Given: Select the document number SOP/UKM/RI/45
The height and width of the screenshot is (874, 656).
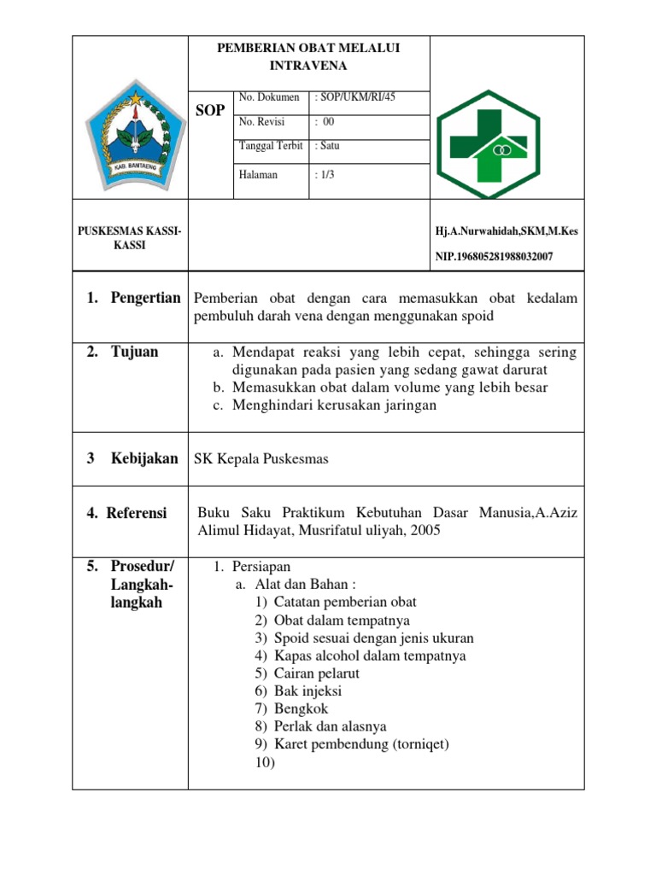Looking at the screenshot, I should (x=355, y=98).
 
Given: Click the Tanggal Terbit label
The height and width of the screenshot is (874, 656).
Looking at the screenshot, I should (x=271, y=146).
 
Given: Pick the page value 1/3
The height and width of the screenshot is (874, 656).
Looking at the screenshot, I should (x=325, y=175).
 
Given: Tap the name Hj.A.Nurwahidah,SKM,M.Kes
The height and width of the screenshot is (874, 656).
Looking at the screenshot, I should (x=506, y=231).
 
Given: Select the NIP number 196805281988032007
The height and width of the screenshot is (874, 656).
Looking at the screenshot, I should (x=494, y=256).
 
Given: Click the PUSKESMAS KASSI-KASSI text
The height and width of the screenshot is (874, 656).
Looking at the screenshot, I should (x=130, y=238).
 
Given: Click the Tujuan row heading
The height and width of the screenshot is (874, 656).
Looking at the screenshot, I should (x=134, y=352).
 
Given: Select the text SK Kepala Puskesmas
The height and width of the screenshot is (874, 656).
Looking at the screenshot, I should (x=262, y=459).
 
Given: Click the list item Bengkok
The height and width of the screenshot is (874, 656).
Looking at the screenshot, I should (x=301, y=708).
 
